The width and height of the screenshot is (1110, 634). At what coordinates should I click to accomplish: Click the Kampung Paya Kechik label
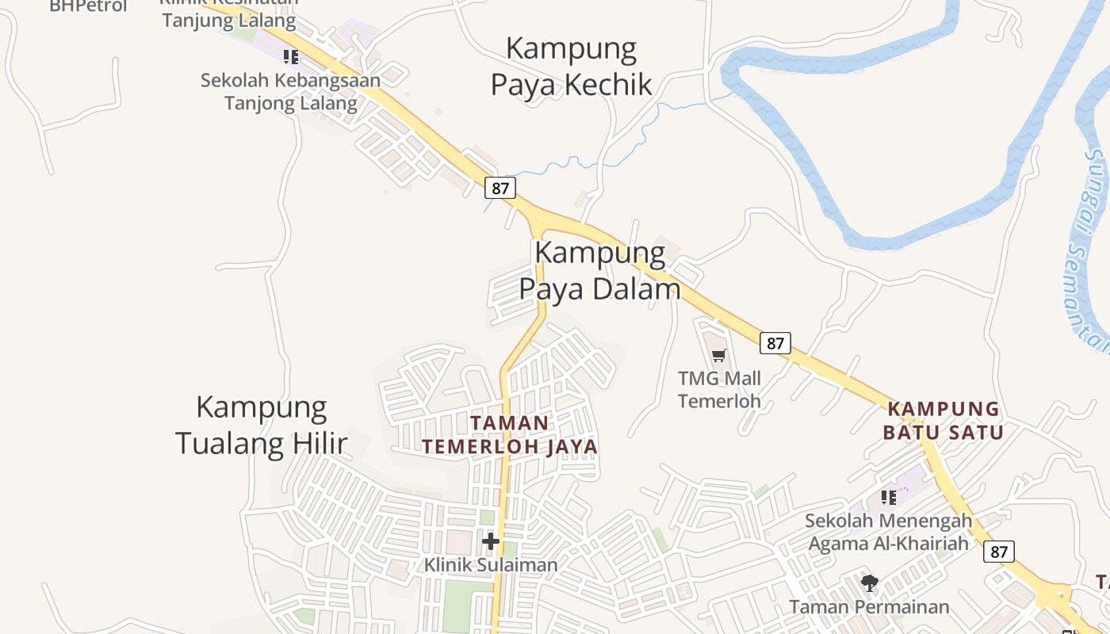point(571,66)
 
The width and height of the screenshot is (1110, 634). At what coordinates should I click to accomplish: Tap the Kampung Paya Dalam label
point(600,270)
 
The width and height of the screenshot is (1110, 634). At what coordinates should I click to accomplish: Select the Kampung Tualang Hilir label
point(262,425)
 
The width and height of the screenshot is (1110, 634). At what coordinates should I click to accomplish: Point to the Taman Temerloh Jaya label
point(510,434)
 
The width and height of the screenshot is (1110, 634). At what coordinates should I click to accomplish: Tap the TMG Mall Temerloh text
point(719,389)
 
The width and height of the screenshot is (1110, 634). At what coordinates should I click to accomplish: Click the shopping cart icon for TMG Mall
point(718,356)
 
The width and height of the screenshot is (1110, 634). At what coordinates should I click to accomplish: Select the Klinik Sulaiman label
point(491,565)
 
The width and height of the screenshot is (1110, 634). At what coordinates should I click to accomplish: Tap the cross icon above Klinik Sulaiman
point(491,541)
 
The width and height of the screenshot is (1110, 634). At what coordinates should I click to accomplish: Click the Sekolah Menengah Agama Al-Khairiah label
point(888,532)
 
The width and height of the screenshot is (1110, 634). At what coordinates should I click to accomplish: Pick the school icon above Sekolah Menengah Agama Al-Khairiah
point(889,498)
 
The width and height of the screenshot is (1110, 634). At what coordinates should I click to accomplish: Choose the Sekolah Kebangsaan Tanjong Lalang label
point(290,91)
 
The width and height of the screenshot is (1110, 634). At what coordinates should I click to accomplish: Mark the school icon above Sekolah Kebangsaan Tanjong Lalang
point(291,56)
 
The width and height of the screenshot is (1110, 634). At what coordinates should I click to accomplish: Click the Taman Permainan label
point(869,607)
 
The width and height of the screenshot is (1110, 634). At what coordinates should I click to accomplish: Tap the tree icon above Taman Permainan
point(870,584)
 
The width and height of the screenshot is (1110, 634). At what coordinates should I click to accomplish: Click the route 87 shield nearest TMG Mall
point(775,343)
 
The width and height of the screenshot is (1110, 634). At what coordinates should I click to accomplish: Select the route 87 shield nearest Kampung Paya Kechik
point(500,188)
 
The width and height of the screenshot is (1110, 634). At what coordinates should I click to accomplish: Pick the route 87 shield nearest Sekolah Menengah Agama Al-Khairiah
point(999,552)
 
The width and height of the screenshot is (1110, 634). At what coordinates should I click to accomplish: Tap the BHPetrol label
point(88,6)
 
